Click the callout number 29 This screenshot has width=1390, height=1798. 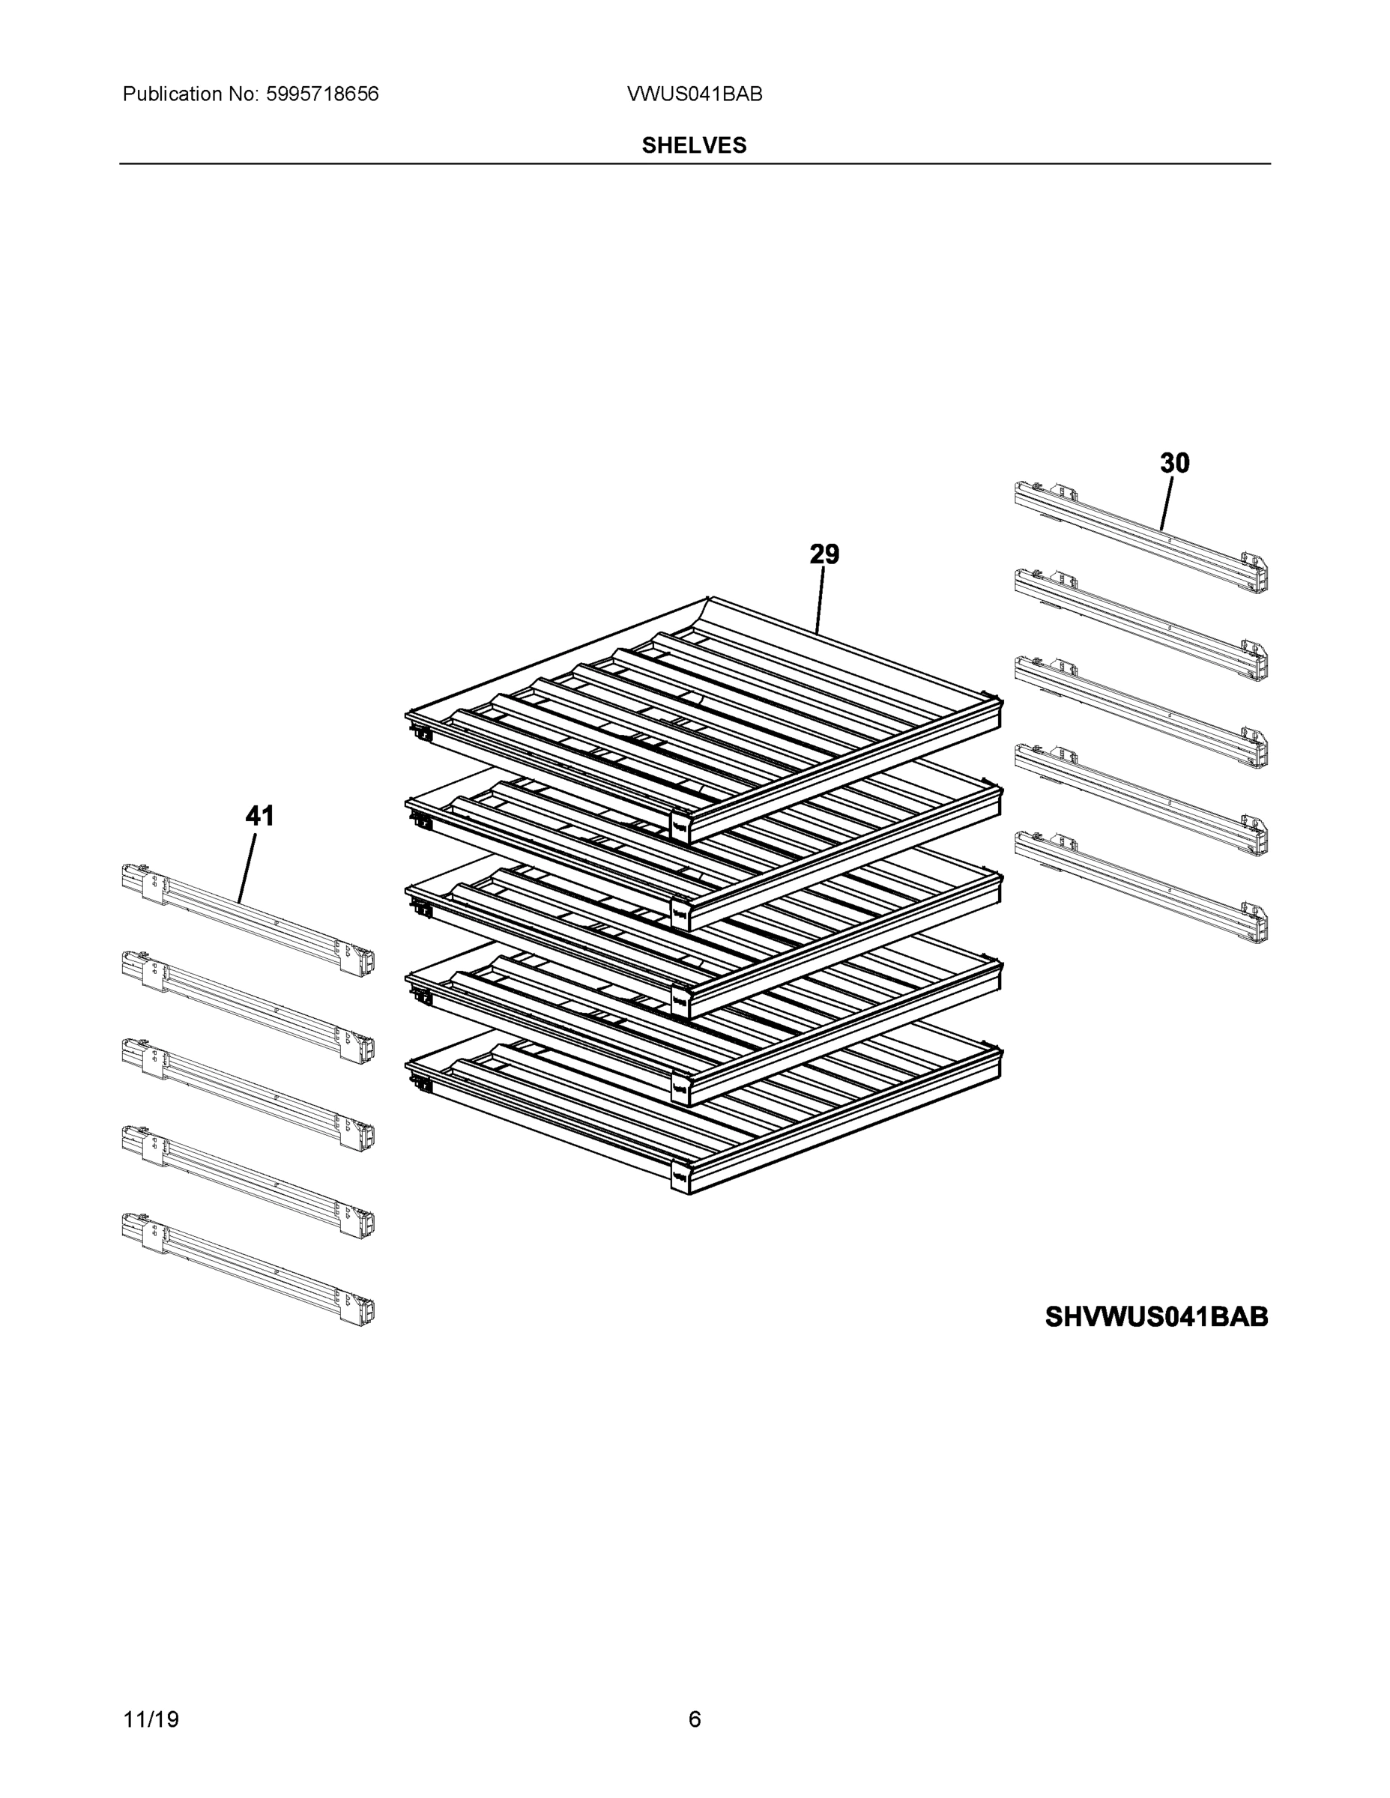pyautogui.click(x=824, y=555)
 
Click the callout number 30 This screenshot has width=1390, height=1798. pyautogui.click(x=1174, y=464)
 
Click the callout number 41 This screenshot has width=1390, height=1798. pyautogui.click(x=259, y=816)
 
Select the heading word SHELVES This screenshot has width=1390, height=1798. pyautogui.click(x=694, y=146)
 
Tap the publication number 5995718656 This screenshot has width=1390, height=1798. pyautogui.click(x=322, y=94)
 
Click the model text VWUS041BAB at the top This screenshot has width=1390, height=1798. pyautogui.click(x=694, y=94)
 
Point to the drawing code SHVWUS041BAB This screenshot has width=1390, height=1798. pyautogui.click(x=1156, y=1316)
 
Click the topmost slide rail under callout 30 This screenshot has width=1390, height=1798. pyautogui.click(x=1140, y=535)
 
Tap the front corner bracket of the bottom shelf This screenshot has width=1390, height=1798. pyautogui.click(x=680, y=1176)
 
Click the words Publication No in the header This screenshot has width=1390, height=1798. pyautogui.click(x=190, y=94)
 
